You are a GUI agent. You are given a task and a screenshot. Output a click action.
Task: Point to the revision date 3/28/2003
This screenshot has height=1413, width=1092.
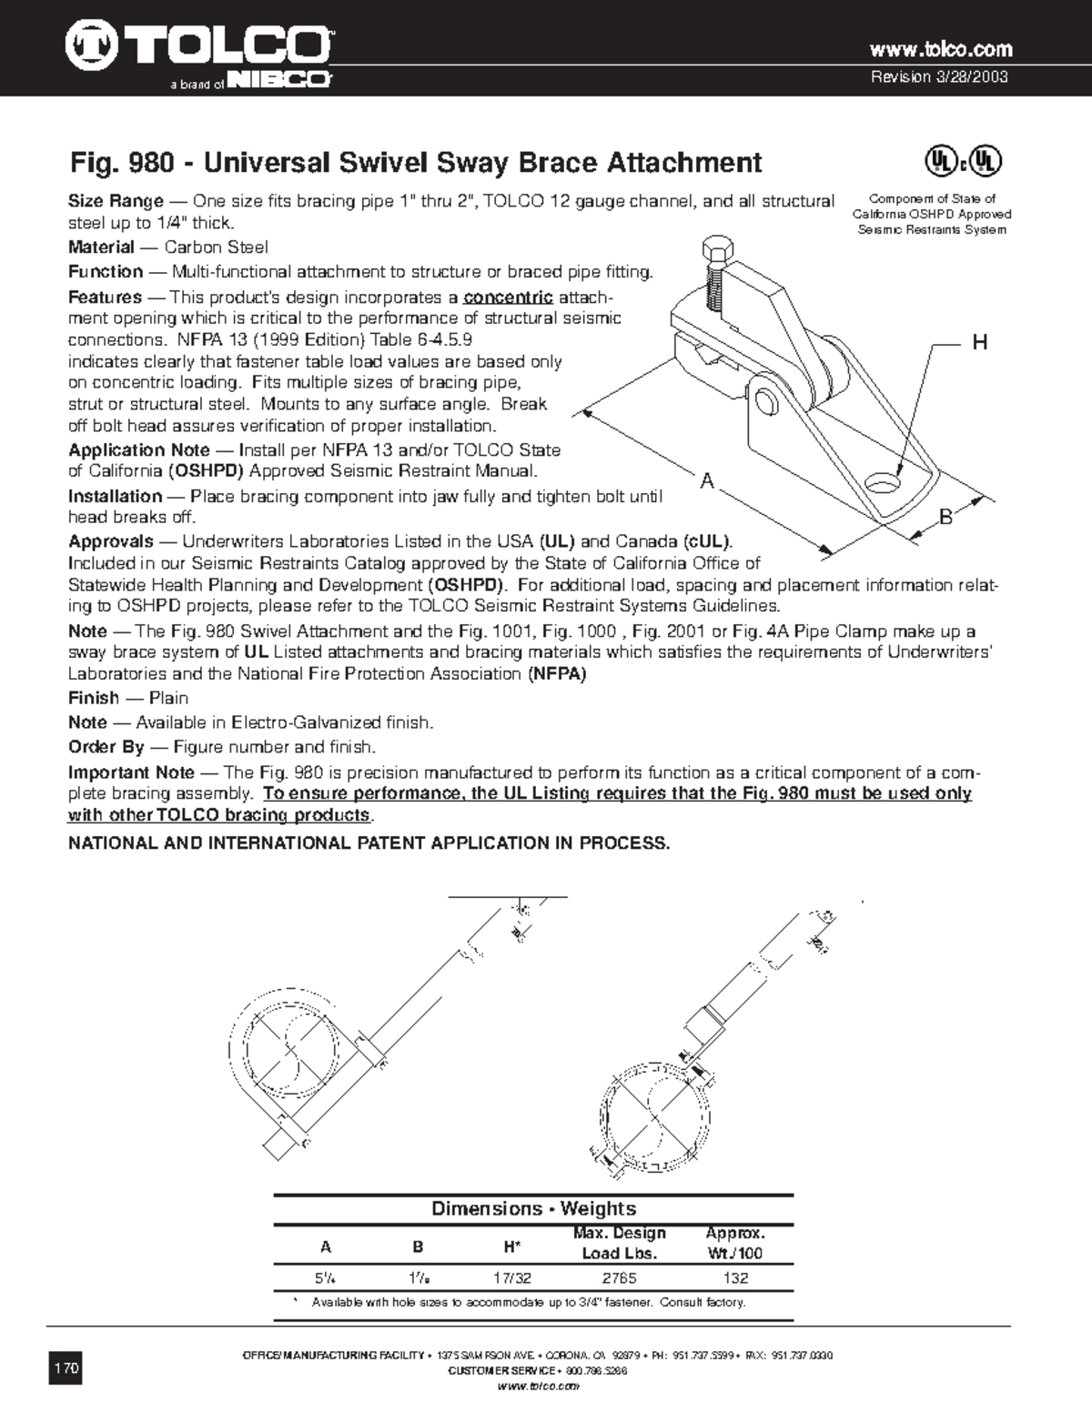(940, 76)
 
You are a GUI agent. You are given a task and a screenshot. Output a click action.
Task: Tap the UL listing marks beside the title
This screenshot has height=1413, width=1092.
(964, 162)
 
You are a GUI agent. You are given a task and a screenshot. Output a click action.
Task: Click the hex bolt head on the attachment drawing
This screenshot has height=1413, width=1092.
(713, 247)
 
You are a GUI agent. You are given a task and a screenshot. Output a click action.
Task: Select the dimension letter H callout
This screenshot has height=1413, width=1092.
(979, 343)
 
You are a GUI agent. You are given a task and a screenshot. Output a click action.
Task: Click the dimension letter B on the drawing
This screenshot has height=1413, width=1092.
(945, 518)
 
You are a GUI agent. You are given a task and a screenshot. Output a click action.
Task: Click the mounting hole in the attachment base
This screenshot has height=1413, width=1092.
(882, 479)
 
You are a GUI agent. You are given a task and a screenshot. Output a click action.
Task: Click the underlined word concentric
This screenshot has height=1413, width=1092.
(508, 298)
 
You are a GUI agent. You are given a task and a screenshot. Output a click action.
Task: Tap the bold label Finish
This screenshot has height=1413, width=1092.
(94, 698)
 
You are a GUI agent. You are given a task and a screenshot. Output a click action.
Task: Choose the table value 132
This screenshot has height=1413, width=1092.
(734, 1277)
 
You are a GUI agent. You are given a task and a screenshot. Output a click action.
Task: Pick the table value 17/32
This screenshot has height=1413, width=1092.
(512, 1277)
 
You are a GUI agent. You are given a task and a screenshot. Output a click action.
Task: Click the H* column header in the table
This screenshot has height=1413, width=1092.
(512, 1246)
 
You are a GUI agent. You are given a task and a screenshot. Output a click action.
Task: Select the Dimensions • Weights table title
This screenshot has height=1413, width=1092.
(533, 1208)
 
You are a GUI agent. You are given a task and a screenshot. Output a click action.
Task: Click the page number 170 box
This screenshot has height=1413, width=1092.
(66, 1368)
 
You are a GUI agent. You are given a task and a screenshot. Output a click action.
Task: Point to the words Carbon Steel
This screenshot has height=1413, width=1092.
(216, 247)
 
